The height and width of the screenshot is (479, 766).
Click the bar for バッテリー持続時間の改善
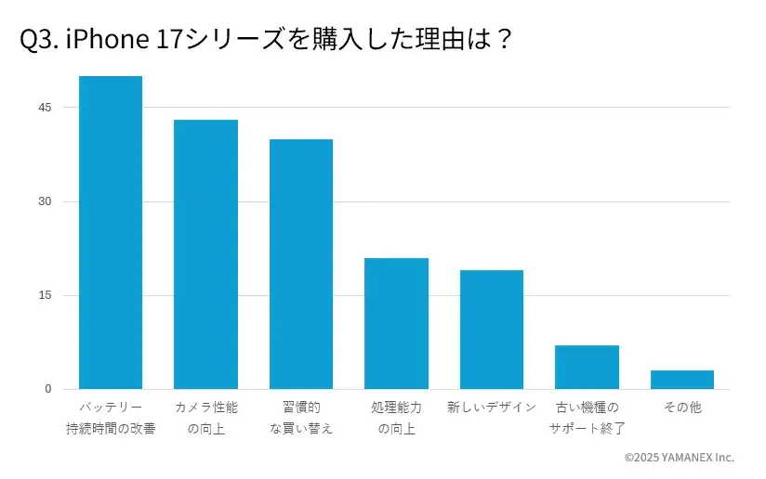[111, 232]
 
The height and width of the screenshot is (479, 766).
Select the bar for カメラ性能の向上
[205, 254]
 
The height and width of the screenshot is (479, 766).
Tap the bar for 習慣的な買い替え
[301, 264]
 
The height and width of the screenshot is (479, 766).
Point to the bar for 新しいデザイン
[492, 330]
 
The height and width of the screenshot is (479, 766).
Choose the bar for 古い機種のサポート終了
[587, 367]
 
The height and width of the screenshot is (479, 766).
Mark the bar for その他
[682, 380]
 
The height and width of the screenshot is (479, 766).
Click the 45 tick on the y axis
[45, 108]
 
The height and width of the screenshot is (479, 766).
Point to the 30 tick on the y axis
[45, 201]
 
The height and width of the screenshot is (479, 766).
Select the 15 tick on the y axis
[45, 295]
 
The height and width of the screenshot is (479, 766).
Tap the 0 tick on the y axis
[47, 389]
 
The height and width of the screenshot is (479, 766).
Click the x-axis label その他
[682, 408]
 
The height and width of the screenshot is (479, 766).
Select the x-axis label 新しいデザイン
[492, 408]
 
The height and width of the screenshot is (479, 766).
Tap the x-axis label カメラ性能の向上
[205, 418]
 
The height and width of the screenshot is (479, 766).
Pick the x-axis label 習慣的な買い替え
[301, 418]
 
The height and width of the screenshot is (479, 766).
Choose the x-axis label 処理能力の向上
[396, 418]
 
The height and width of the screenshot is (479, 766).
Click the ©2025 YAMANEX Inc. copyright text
[679, 458]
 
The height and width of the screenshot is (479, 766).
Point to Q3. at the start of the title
[39, 41]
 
